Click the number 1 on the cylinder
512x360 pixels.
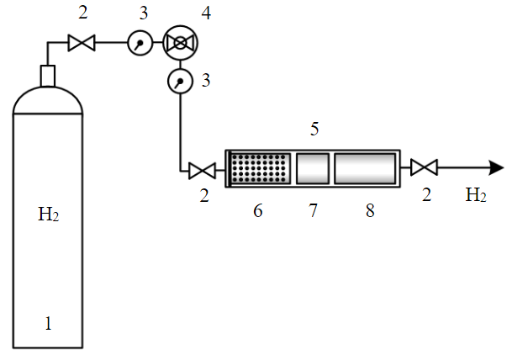(48, 324)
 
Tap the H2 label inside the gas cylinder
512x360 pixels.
(49, 214)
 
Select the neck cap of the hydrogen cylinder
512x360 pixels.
(48, 76)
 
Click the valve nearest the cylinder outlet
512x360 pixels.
(82, 43)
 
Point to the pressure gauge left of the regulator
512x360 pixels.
(140, 43)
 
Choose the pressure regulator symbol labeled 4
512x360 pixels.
(180, 43)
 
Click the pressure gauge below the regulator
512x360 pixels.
(180, 81)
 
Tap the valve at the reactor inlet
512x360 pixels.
(202, 171)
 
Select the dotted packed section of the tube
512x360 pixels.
(261, 168)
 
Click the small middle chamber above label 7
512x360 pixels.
(313, 168)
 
